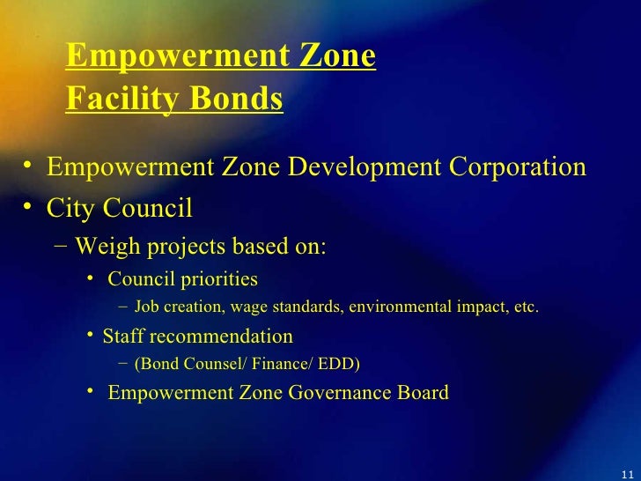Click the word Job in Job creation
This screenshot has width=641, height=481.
tap(147, 307)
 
